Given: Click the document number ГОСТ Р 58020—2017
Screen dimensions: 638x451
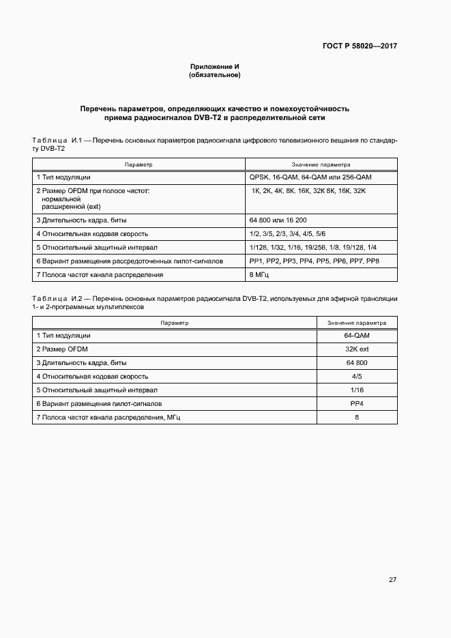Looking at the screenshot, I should coord(360,46).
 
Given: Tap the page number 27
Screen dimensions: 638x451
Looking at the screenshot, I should coord(392,580).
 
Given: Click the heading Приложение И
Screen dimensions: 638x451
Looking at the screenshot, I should coord(215,66).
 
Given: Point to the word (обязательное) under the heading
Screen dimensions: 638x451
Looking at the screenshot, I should coord(215,74).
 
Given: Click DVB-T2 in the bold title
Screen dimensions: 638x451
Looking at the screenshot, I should coord(204,117).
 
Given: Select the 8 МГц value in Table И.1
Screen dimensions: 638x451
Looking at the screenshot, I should coord(260,274).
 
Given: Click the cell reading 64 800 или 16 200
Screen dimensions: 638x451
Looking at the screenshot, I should coord(278,220).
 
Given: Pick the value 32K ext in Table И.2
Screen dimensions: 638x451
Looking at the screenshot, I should coord(357,349).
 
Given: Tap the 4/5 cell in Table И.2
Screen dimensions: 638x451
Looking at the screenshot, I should coord(357,376).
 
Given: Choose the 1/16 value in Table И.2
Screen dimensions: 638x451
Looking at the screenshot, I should coord(357,390).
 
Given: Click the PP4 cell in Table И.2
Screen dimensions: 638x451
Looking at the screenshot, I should coord(357,403).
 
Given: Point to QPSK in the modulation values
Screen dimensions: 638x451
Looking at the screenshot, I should coord(260,177).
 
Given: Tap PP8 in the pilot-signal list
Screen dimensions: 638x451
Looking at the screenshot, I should coord(373,261).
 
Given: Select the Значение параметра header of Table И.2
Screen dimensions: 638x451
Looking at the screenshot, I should coord(357,323).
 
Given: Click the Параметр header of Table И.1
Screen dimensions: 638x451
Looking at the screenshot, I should coord(139,164).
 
